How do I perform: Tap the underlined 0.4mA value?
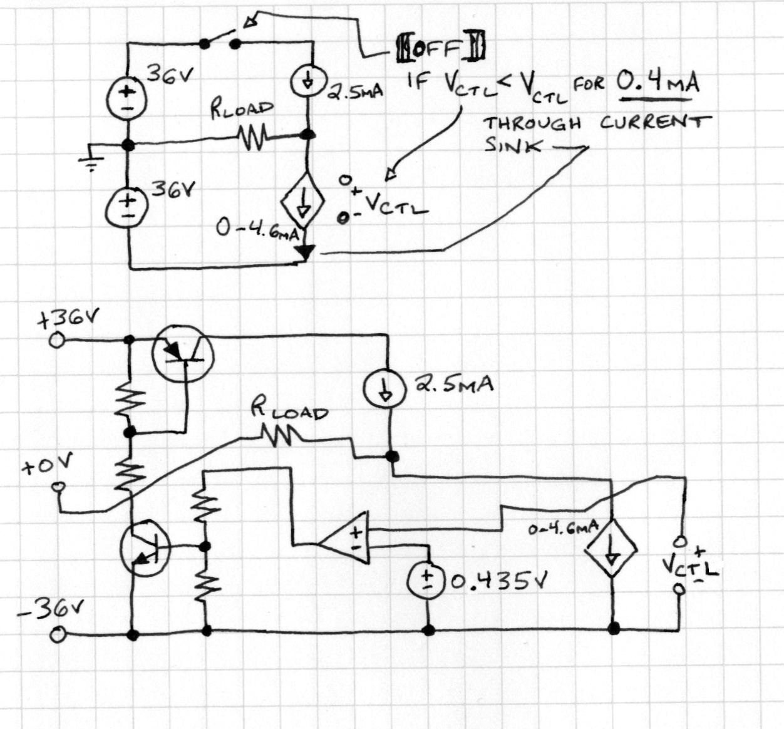coord(657,81)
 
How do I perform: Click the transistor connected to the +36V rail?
coord(183,354)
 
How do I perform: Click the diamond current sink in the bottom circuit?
coord(610,548)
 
